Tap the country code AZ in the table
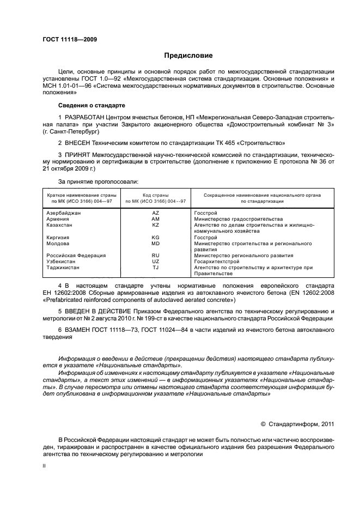point(155,212)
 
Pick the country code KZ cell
point(155,224)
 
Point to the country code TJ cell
point(155,268)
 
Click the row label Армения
point(58,218)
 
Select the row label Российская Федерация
point(76,255)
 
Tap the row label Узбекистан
point(62,261)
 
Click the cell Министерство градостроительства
point(238,218)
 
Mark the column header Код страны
point(155,195)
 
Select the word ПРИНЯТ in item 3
point(77,155)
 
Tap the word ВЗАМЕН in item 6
point(78,331)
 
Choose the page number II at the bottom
point(45,466)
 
